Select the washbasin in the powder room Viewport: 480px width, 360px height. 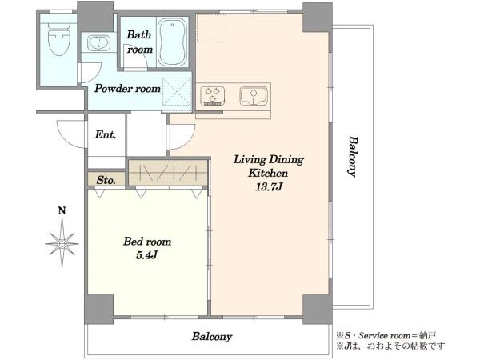(x=99, y=43)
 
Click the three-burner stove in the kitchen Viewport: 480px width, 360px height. (x=213, y=95)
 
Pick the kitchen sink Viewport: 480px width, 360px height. (x=254, y=95)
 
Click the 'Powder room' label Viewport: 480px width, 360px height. (x=127, y=89)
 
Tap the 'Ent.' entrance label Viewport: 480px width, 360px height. (x=106, y=134)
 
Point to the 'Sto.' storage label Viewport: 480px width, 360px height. (x=106, y=180)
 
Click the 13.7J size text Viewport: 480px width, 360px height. (x=269, y=186)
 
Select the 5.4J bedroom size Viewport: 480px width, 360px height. (x=146, y=255)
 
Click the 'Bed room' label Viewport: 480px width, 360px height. (x=147, y=242)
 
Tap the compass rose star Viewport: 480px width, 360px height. (x=62, y=243)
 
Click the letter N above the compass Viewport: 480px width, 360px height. (x=62, y=210)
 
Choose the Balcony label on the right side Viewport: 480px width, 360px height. (x=353, y=157)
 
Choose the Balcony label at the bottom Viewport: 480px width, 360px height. (x=212, y=337)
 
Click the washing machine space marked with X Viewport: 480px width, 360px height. (x=177, y=92)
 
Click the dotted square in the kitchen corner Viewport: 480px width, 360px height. (x=211, y=28)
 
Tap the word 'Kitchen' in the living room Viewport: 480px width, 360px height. (x=268, y=173)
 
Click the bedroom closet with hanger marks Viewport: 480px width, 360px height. (x=168, y=173)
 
